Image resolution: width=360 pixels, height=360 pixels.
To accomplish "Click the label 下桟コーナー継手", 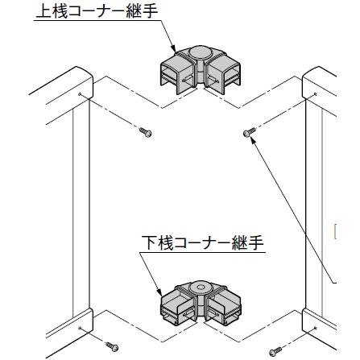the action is pyautogui.click(x=203, y=242).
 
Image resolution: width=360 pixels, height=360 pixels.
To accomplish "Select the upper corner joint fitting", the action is pyautogui.click(x=201, y=70).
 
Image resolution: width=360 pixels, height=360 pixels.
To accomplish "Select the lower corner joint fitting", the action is pyautogui.click(x=201, y=303).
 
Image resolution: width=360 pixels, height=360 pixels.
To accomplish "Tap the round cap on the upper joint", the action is pyautogui.click(x=199, y=52).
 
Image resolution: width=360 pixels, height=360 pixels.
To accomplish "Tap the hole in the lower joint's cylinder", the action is pyautogui.click(x=200, y=288).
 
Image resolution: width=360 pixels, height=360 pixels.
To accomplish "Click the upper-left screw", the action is pyautogui.click(x=146, y=132).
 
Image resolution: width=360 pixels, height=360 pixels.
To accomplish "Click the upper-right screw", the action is pyautogui.click(x=250, y=132).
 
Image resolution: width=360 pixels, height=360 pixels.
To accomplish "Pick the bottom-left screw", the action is pyautogui.click(x=112, y=346).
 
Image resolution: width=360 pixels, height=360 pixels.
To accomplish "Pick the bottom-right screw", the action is pyautogui.click(x=275, y=351).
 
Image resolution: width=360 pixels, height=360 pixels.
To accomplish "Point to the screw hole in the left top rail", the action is pyautogui.click(x=80, y=94).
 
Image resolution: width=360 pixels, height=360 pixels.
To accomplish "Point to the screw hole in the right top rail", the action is pyautogui.click(x=316, y=94).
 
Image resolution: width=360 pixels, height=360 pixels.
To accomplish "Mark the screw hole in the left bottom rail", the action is pyautogui.click(x=80, y=328).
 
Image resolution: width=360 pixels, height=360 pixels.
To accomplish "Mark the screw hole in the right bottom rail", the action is pyautogui.click(x=316, y=328).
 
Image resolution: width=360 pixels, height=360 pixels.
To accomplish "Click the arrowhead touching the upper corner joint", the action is pyautogui.click(x=173, y=48).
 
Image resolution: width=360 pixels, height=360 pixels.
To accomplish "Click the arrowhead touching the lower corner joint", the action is pyautogui.click(x=159, y=292).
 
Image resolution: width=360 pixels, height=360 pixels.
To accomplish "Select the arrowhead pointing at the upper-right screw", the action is pyautogui.click(x=254, y=141).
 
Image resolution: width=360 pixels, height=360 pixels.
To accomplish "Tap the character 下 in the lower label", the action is pyautogui.click(x=149, y=242).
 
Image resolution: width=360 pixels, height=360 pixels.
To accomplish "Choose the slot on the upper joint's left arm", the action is pyautogui.click(x=188, y=79).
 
